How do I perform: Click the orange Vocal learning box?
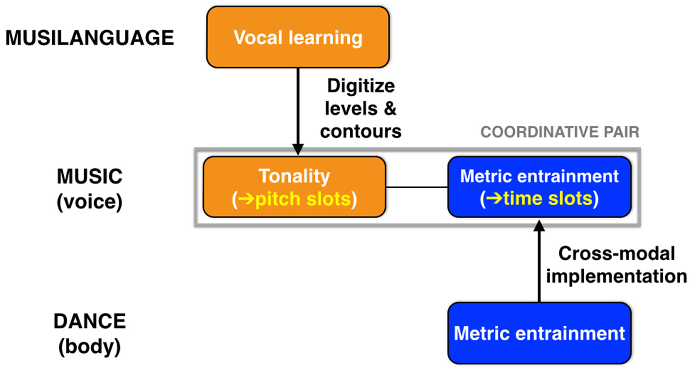[298, 37]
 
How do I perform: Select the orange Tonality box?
[294, 187]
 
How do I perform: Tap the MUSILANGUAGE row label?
[89, 38]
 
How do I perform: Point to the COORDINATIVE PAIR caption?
[559, 132]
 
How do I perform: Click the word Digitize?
[361, 85]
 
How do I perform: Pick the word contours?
[361, 131]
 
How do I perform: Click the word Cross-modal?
[616, 253]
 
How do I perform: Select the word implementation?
[616, 276]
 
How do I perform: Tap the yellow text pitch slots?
[303, 199]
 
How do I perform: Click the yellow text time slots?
[547, 198]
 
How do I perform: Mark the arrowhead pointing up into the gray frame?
[539, 226]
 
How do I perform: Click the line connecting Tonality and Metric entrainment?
[417, 187]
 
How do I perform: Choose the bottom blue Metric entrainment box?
[539, 333]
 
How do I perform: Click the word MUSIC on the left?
[89, 177]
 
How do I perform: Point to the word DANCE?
[89, 321]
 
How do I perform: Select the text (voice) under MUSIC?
[89, 201]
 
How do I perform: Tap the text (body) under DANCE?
[89, 346]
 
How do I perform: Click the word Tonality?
[294, 176]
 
